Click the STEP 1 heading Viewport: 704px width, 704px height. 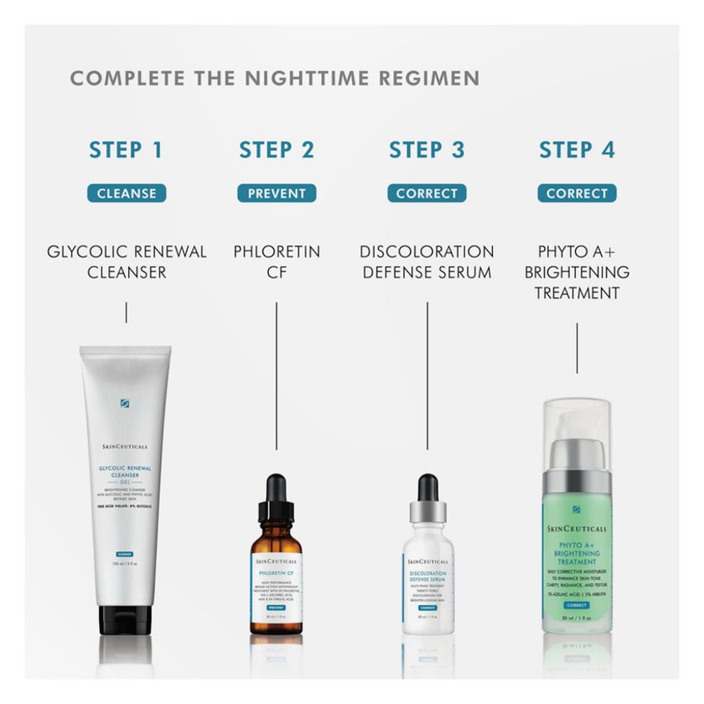point(126,150)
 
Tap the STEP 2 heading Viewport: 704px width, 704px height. point(277,150)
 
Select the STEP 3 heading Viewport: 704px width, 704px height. point(427,150)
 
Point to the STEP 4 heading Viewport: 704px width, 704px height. point(577,150)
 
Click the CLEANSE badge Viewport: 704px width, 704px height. point(127,193)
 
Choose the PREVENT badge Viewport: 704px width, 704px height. point(277,193)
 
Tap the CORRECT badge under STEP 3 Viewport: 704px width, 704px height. point(427,193)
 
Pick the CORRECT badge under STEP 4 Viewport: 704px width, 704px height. point(577,193)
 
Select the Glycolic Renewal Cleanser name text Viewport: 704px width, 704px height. point(127,261)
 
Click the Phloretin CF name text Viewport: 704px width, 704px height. point(277,261)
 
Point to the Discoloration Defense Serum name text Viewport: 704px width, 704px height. point(427,261)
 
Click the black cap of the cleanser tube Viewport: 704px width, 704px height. point(126,620)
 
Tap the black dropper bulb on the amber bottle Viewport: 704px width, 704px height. point(276,494)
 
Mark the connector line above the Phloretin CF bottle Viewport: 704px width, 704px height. point(277,377)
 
